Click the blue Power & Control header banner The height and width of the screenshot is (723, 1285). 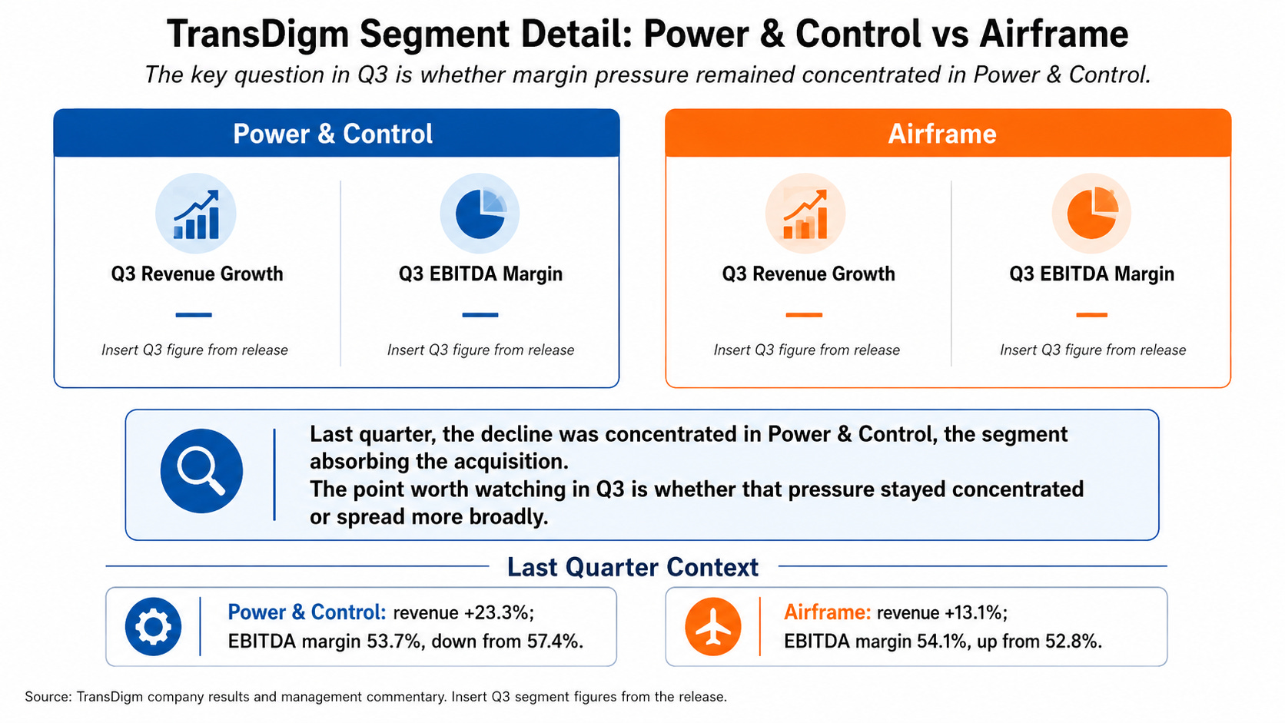click(x=336, y=132)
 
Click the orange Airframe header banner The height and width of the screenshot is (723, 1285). click(x=948, y=132)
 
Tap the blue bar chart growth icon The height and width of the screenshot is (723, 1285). click(x=196, y=214)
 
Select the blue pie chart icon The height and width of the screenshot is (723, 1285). click(x=480, y=214)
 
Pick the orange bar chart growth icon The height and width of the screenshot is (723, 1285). click(x=805, y=214)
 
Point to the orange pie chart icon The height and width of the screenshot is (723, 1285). click(x=1091, y=214)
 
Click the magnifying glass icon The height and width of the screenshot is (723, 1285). click(x=201, y=471)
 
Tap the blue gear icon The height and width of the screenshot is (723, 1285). click(x=153, y=626)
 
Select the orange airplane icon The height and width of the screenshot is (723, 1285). click(x=713, y=626)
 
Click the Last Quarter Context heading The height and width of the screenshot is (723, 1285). click(x=633, y=567)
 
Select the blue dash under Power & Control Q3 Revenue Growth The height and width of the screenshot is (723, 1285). click(x=194, y=315)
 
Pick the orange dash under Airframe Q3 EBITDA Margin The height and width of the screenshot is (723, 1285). click(x=1091, y=315)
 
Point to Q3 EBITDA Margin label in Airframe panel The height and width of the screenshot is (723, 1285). click(x=1091, y=274)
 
